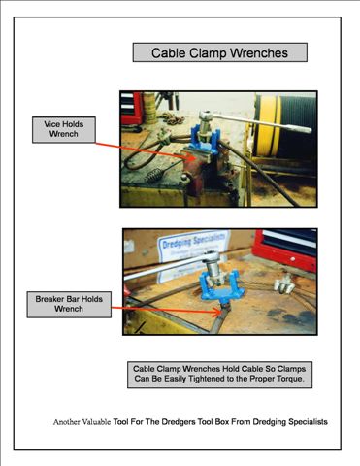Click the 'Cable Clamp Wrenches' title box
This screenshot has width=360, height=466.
[x=220, y=52]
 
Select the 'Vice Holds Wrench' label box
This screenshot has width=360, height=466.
[x=64, y=129]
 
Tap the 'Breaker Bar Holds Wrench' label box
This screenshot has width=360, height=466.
[x=69, y=304]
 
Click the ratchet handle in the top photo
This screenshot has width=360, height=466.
[x=255, y=122]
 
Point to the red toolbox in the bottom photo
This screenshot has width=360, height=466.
[x=284, y=250]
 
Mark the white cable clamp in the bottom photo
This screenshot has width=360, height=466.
[x=284, y=283]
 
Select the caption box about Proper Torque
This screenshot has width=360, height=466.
[x=219, y=375]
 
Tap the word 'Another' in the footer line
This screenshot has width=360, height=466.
[x=66, y=422]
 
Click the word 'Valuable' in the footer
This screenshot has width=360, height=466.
[x=96, y=422]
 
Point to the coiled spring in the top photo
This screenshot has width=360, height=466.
[x=153, y=175]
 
